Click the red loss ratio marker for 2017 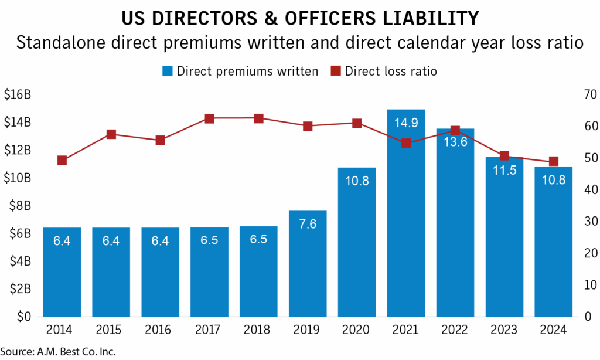tap(209, 118)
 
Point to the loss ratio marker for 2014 tap(62, 160)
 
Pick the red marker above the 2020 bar tap(357, 123)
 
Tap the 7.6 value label tap(308, 224)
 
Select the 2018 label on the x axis tap(258, 330)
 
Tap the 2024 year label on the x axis tap(554, 330)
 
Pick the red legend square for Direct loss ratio tap(335, 72)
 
